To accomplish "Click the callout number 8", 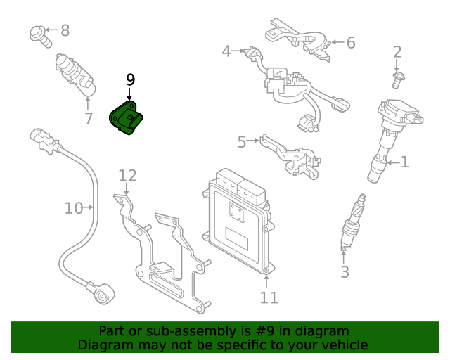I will click(65, 30).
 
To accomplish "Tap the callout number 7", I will click(89, 119).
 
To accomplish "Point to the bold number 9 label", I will click(130, 80).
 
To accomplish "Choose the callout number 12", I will click(127, 176).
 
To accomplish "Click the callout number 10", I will click(73, 208).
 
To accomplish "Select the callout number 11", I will click(269, 297).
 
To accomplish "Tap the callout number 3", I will click(345, 272).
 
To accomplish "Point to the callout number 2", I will click(397, 51).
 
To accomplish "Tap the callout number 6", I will click(350, 43).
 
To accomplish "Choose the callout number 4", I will click(226, 51).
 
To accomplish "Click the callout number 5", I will click(242, 143).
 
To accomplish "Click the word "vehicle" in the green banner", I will click(344, 345).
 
